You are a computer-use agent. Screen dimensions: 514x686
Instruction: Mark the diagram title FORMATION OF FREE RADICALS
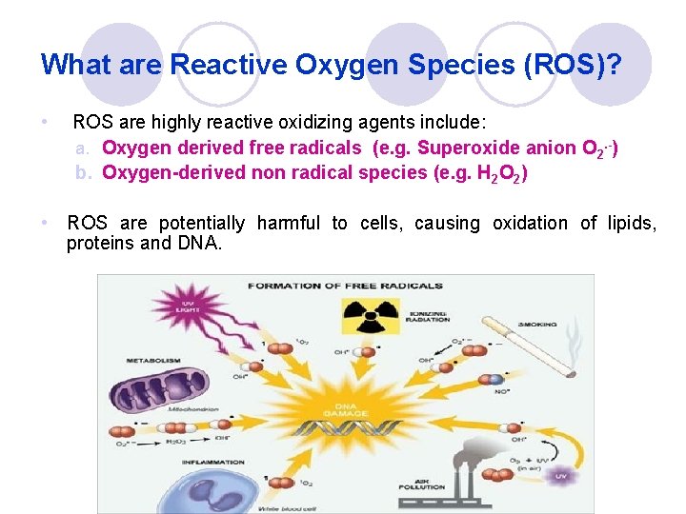(345, 286)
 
